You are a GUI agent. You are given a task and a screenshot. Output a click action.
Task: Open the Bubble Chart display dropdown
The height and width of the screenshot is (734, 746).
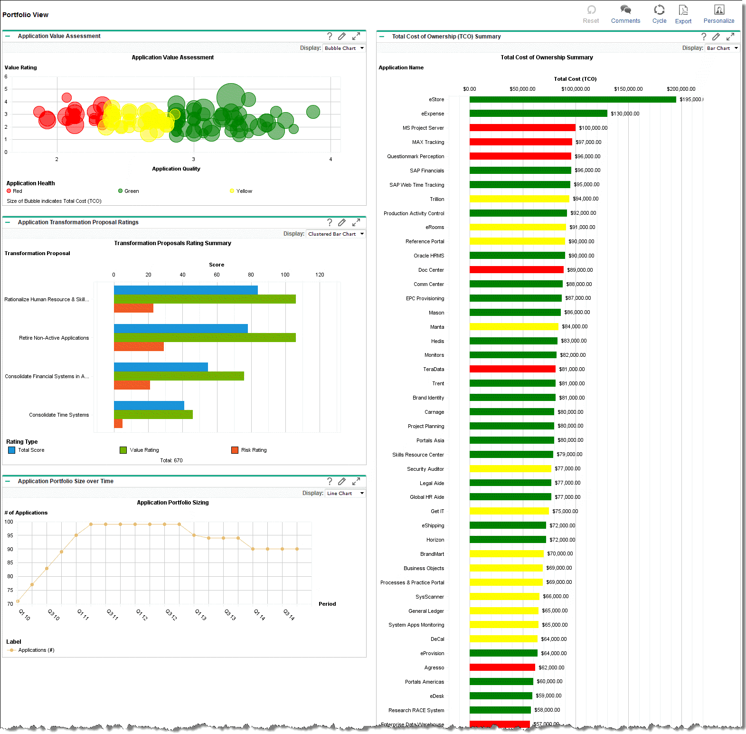344,48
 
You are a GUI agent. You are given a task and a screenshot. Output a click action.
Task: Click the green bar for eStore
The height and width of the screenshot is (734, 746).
572,99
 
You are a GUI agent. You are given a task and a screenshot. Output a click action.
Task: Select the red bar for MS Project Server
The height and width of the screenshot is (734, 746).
522,128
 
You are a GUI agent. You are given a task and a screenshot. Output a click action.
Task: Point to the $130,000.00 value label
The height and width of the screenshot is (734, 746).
625,114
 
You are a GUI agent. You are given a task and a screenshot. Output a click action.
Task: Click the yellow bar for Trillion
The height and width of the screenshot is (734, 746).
519,199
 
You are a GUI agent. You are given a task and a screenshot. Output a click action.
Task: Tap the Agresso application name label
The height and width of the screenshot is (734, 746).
434,667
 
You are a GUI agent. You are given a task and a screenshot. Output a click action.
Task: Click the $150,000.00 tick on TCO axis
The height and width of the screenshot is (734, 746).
628,89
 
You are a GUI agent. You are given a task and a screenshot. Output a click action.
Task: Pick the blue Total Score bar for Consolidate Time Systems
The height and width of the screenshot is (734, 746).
149,405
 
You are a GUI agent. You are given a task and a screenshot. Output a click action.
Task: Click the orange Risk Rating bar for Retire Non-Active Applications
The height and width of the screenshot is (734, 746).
139,347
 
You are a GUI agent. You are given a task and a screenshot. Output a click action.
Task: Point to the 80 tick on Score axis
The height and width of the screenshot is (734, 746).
251,275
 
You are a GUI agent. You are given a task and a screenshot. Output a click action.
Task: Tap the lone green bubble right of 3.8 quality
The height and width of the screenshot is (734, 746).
313,112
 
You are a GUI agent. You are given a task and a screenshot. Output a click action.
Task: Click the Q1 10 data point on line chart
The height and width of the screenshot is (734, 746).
18,601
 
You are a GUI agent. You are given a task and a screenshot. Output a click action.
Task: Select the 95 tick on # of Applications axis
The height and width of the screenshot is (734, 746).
10,535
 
